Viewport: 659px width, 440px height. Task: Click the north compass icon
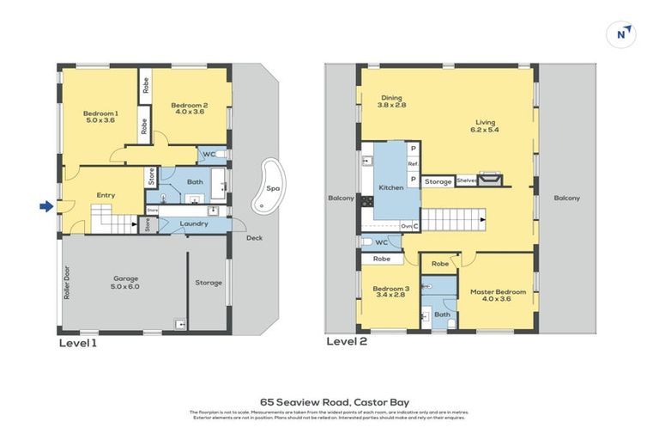coord(621,34)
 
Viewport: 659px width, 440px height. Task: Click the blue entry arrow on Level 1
coord(45,205)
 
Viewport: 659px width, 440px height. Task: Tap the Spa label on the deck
coord(273,187)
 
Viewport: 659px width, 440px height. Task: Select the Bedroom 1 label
coord(100,113)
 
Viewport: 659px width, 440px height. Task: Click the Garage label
coord(126,279)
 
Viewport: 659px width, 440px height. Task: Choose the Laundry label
coord(196,224)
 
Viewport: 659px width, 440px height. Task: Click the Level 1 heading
coord(77,342)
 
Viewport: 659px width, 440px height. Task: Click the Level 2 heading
coord(347,341)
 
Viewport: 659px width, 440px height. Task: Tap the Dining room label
coord(391,97)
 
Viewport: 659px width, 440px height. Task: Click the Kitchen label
coord(391,187)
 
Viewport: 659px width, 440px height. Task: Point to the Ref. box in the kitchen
coord(412,163)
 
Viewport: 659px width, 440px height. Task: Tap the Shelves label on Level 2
coord(466,180)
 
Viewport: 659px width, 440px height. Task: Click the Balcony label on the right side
coord(566,198)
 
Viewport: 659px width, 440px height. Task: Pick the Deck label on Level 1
coord(254,238)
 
